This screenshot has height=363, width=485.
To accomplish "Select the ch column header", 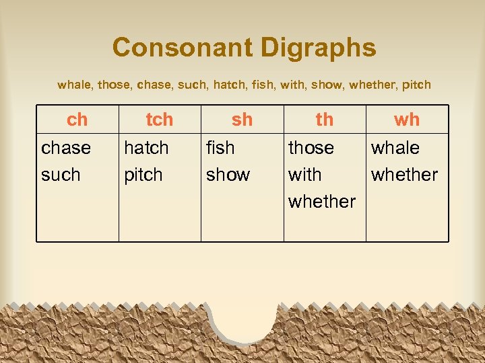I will click(77, 120).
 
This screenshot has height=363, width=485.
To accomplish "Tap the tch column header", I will click(160, 120).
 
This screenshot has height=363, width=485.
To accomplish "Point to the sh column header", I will click(242, 120).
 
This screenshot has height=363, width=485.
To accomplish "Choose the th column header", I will click(325, 120).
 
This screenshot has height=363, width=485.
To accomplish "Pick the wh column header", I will click(407, 120).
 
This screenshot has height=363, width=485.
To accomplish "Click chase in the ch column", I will click(66, 147).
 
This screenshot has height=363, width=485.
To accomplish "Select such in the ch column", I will click(61, 175).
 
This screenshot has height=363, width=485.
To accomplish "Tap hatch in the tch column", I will click(146, 147).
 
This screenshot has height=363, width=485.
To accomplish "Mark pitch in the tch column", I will click(143, 175).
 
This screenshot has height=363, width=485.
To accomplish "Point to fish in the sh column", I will click(220, 147).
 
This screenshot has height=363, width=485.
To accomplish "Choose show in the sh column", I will click(228, 175).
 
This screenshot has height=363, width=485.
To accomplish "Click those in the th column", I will click(311, 147).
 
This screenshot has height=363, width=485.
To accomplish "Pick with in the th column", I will click(305, 175).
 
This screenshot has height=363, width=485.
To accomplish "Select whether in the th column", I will click(322, 201).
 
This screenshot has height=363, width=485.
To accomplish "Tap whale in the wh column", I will click(395, 147).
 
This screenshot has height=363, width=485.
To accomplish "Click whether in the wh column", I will click(404, 175).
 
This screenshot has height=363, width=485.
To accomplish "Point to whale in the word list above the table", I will click(75, 85).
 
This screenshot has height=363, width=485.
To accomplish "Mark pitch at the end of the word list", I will click(416, 85).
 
